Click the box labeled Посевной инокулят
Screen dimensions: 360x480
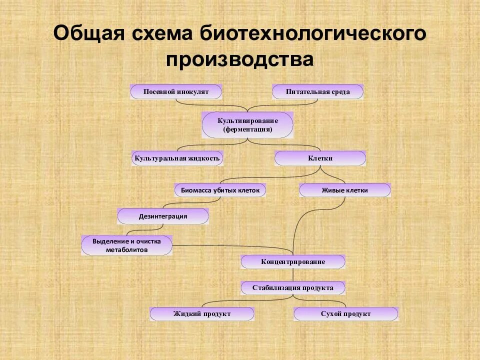click(x=176, y=92)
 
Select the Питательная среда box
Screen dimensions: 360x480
click(x=317, y=92)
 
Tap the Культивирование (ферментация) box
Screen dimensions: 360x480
click(x=247, y=125)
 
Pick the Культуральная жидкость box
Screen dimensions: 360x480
click(x=177, y=158)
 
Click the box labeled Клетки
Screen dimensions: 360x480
click(x=320, y=158)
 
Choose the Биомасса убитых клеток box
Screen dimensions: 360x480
click(x=220, y=190)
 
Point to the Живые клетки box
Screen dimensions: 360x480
click(x=344, y=190)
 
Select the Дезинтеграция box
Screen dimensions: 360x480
click(x=163, y=216)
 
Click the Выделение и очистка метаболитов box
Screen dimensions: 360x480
click(x=126, y=245)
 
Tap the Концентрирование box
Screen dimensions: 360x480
click(x=293, y=262)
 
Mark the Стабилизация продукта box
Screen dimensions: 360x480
click(x=293, y=288)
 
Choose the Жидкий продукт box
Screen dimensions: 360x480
click(x=202, y=314)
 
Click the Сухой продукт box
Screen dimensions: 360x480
click(x=346, y=314)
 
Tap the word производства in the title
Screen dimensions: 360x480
click(x=240, y=59)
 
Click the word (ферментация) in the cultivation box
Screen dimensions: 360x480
click(x=247, y=129)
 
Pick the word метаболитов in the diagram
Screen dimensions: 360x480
click(x=126, y=249)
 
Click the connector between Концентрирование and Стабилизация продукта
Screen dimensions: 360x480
click(x=293, y=275)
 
